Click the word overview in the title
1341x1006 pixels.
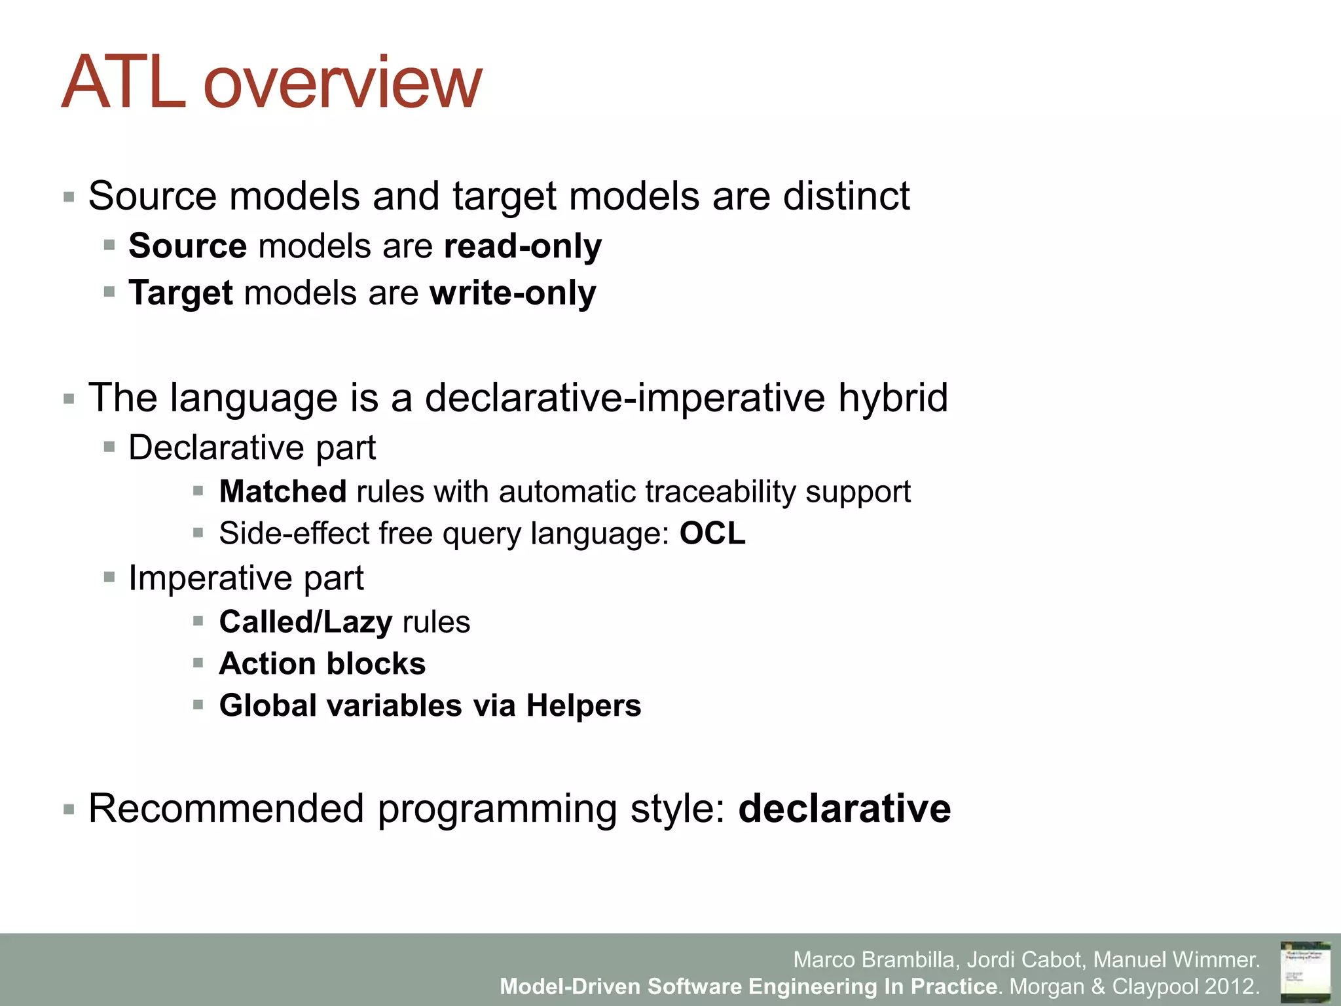342,84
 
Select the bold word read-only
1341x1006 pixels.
523,246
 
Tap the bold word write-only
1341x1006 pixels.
513,293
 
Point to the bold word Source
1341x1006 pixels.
187,246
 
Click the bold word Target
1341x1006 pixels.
180,293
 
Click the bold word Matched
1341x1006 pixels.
282,492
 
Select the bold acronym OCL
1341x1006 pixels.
712,533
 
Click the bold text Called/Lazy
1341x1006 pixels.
305,622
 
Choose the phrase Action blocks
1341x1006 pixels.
322,663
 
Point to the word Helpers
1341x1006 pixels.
583,705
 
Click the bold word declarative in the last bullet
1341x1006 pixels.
844,808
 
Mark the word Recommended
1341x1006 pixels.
225,808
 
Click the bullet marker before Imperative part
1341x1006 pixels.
109,578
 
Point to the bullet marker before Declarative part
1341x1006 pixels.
109,448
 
